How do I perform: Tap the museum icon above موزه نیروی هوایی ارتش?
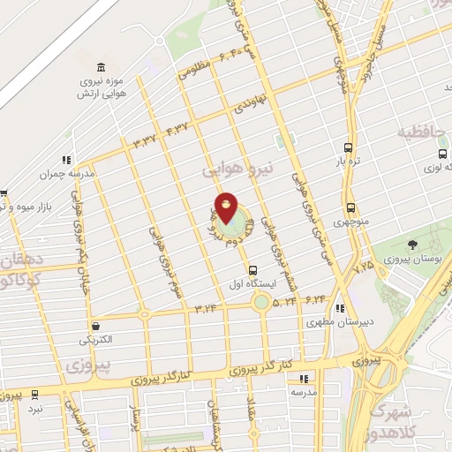[102, 68]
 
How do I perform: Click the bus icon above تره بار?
[348, 149]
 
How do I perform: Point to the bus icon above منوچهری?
[350, 208]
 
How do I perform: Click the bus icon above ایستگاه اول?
[254, 270]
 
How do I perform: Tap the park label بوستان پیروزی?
[412, 263]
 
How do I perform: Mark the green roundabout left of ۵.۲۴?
[261, 302]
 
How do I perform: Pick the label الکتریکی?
[97, 339]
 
